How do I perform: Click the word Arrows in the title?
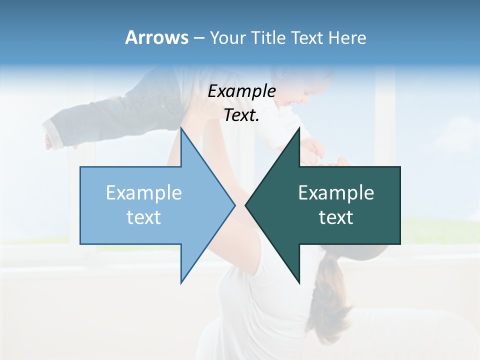156,37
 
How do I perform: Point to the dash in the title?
198,38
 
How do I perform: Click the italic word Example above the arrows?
241,91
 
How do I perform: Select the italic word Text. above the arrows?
241,115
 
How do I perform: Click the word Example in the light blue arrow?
144,192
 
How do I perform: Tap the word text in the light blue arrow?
144,217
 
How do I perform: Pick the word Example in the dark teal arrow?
336,192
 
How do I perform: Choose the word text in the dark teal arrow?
336,217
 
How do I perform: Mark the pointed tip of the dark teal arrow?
246,205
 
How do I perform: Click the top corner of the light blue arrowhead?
181,128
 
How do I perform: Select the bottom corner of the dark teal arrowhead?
299,283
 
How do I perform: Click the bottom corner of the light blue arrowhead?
181,282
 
